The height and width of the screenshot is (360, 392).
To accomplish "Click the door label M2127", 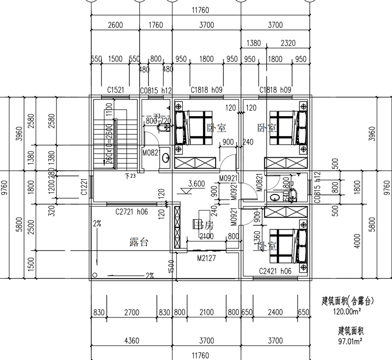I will (206, 258).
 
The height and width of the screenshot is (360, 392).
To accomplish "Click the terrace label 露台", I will (139, 242).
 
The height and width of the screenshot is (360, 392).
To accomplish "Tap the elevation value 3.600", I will (196, 185).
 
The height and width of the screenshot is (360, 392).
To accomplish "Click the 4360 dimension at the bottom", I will (130, 340).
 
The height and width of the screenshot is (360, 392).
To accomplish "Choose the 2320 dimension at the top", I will (288, 43).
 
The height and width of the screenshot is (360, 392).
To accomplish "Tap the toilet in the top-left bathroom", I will (163, 129).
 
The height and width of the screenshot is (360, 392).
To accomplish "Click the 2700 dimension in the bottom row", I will (131, 312).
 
